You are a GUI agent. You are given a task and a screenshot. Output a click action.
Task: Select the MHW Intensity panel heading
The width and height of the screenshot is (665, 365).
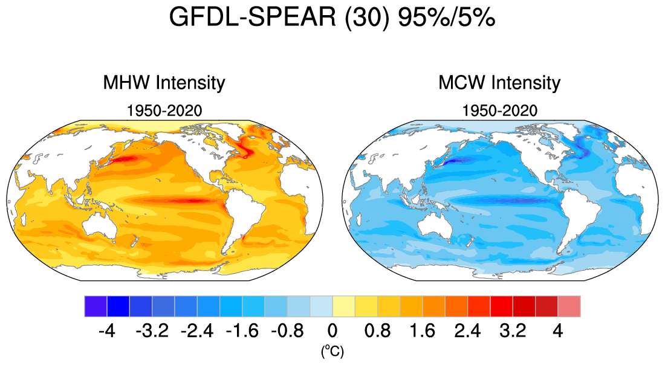tap(164, 82)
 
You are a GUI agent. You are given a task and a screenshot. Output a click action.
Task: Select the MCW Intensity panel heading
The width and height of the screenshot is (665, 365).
tap(499, 82)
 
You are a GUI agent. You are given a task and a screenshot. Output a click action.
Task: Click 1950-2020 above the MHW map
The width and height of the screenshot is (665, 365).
tap(164, 111)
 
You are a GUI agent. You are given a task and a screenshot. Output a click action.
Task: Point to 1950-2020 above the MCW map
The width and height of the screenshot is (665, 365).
tap(499, 111)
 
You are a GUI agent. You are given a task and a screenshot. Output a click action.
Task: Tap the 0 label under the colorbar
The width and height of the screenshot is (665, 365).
tap(332, 331)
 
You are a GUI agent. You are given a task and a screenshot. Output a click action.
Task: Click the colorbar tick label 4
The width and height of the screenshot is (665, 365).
tap(557, 331)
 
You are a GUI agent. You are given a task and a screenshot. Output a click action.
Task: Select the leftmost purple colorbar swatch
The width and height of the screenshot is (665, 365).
tap(96, 306)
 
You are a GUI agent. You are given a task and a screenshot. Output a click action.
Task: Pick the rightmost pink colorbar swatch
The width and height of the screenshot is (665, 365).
tap(569, 306)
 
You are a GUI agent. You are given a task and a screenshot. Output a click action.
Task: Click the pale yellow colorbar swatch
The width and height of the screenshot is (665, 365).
tap(343, 306)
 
